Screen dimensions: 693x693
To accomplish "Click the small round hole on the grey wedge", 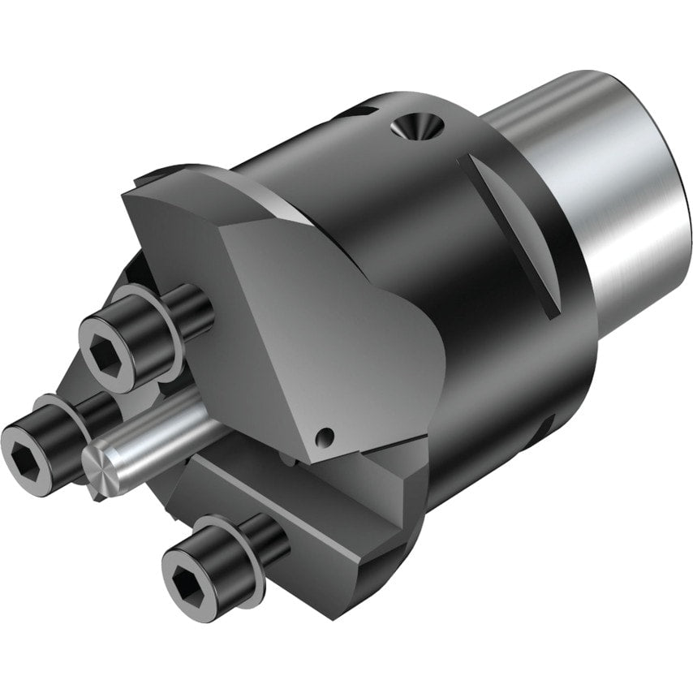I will [x=325, y=437].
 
